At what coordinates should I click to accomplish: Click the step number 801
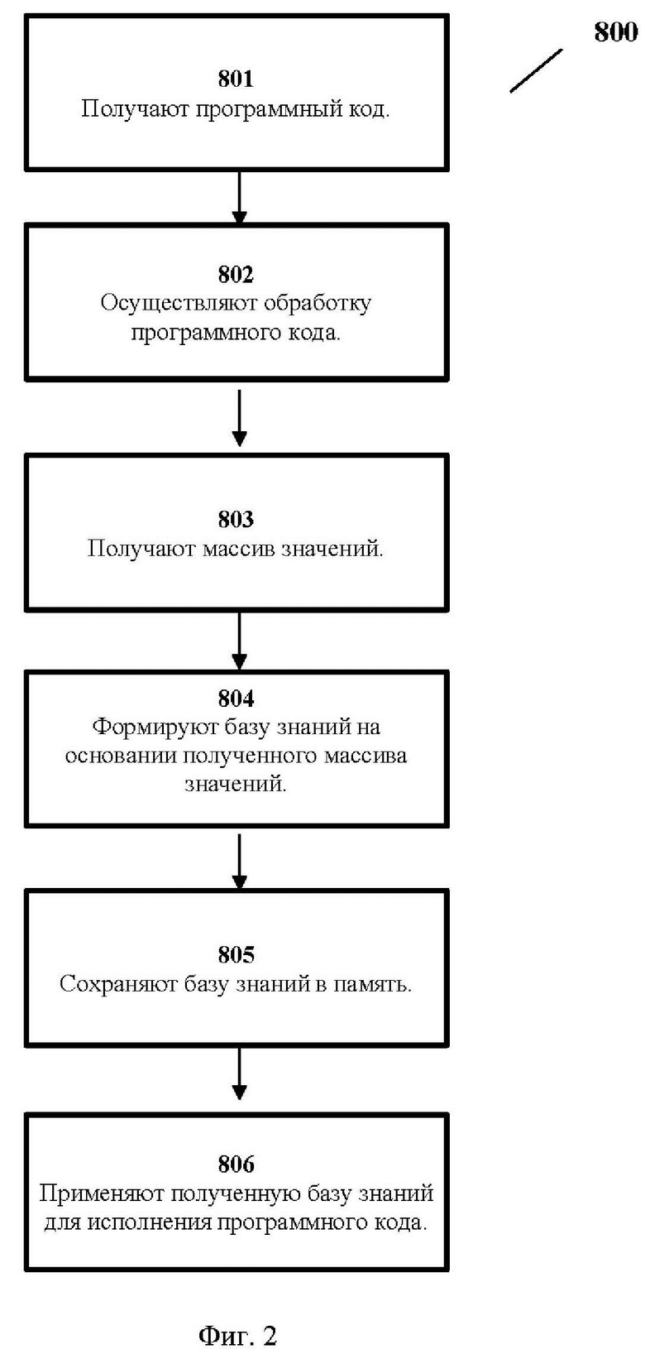[x=236, y=79]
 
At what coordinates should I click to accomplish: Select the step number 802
[x=236, y=275]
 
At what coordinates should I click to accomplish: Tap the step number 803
[x=236, y=519]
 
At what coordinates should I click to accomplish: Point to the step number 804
[x=236, y=699]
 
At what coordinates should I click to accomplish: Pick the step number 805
[x=236, y=955]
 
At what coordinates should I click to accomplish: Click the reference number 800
[x=616, y=32]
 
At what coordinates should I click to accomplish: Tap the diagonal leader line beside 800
[x=536, y=71]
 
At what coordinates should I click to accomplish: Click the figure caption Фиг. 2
[x=237, y=1336]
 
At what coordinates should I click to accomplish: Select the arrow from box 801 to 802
[x=240, y=198]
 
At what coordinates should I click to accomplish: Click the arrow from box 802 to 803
[x=240, y=418]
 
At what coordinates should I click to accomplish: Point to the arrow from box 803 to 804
[x=240, y=641]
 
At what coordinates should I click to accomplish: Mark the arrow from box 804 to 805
[x=240, y=862]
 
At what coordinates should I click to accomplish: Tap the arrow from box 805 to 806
[x=240, y=1073]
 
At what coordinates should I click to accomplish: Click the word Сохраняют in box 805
[x=118, y=984]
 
